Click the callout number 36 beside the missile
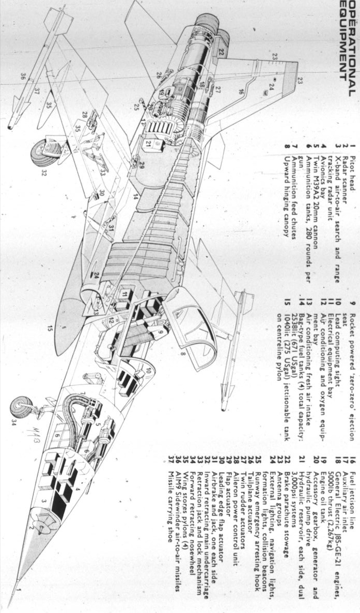tap(23, 76)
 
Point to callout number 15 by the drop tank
tap(50, 328)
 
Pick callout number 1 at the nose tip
tap(19, 603)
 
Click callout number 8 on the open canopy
tap(183, 354)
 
